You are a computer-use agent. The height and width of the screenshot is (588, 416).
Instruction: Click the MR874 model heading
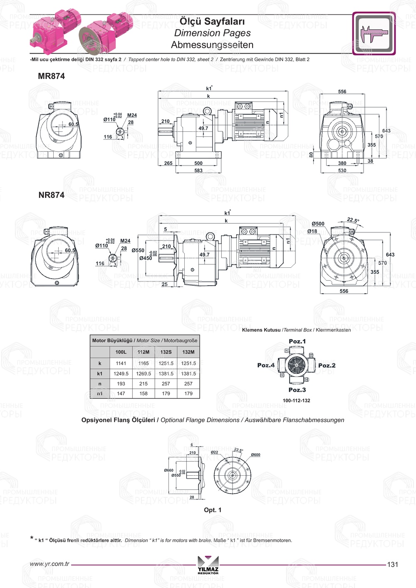[51, 76]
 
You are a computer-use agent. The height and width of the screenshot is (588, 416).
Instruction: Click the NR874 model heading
[51, 195]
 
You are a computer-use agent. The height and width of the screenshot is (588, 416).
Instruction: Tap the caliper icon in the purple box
[374, 34]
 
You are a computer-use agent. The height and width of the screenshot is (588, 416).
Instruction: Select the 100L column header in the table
[121, 352]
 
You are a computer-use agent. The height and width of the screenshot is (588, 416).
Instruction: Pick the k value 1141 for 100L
[121, 363]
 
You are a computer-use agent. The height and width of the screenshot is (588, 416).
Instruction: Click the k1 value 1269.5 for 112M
[144, 373]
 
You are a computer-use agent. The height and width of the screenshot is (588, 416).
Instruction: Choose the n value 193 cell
[121, 383]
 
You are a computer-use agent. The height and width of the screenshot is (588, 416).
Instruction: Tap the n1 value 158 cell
[144, 393]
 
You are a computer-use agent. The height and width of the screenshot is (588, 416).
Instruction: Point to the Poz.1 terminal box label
[297, 341]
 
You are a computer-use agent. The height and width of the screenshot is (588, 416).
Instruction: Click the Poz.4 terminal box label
[266, 365]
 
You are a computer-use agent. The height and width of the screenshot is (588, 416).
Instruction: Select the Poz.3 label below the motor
[297, 390]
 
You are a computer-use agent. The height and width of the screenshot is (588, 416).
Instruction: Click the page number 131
[392, 564]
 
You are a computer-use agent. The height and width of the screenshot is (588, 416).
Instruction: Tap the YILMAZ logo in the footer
[208, 564]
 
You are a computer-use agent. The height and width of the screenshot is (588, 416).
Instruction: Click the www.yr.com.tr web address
[50, 564]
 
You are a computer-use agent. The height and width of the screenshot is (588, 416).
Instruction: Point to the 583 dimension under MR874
[198, 170]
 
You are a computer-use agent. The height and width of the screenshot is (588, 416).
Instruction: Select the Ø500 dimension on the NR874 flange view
[318, 224]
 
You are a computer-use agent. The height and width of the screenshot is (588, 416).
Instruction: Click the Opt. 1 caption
[213, 510]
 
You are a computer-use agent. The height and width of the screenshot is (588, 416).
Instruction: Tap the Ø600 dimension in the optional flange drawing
[255, 455]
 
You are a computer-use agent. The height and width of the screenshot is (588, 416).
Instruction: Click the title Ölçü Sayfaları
[212, 21]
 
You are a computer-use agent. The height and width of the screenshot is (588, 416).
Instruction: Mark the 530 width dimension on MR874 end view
[342, 170]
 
